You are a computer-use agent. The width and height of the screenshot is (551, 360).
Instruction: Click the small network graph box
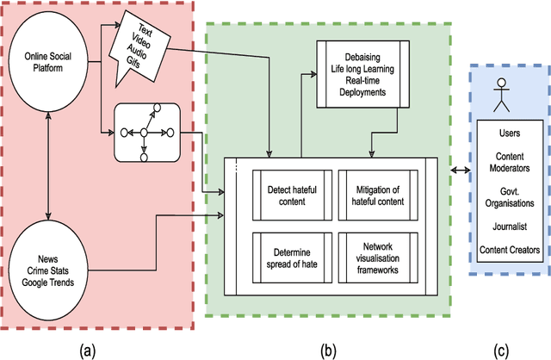(145, 132)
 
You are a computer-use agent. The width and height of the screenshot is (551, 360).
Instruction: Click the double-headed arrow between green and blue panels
(454, 171)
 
